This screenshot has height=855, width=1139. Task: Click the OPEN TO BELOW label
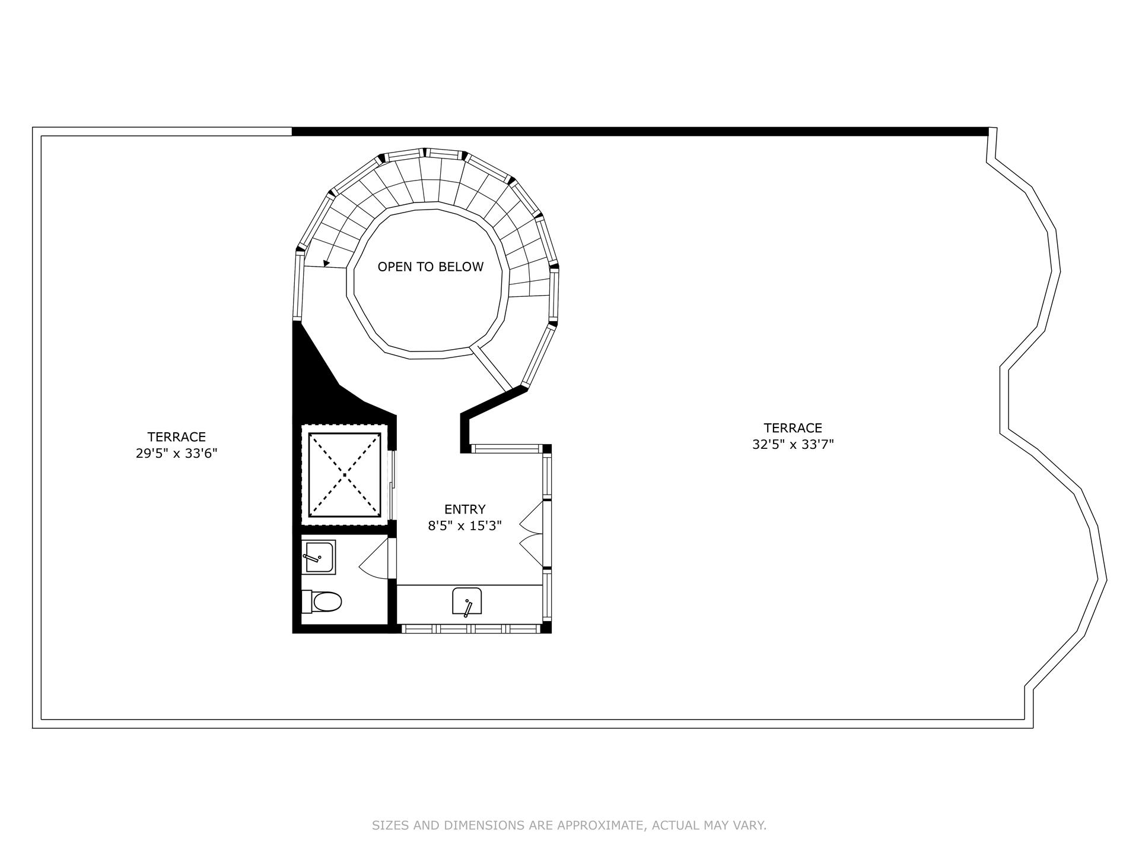[431, 267]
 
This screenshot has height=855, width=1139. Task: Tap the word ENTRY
[464, 509]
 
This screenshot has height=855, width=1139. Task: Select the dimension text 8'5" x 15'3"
[464, 525]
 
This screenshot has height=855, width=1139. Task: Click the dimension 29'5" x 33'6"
[176, 454]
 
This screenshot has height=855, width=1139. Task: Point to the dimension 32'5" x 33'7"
[793, 445]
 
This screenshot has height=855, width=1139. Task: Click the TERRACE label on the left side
[176, 437]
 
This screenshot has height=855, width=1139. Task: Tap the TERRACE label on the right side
[793, 428]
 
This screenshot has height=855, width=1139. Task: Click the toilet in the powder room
[323, 602]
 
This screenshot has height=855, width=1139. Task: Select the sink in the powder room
[319, 557]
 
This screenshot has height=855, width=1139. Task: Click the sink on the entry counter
[467, 601]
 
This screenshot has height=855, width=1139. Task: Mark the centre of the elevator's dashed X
[345, 475]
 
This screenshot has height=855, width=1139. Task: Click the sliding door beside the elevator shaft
[392, 486]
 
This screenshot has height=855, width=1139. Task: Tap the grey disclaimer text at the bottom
[569, 825]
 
